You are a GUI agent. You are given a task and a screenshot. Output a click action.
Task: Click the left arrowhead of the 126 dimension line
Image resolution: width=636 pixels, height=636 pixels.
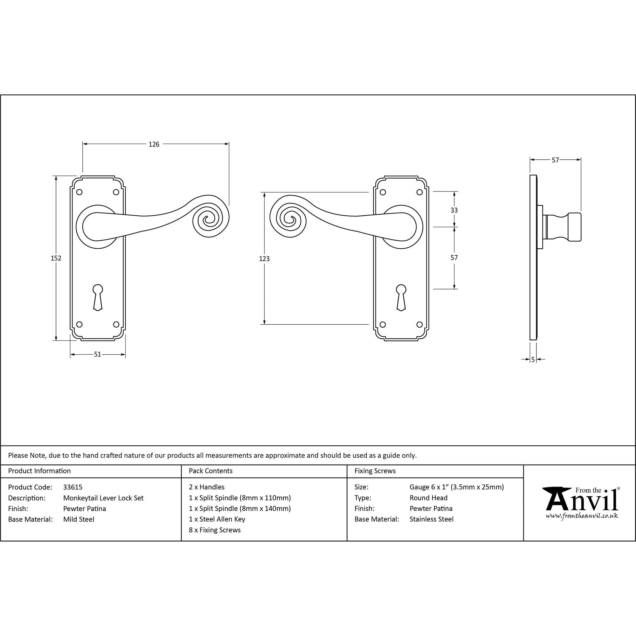pos(85,144)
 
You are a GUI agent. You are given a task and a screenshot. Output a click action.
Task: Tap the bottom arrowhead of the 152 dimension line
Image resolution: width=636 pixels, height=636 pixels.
pos(56,338)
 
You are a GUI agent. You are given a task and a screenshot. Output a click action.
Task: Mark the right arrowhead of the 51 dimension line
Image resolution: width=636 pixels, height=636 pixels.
pos(123,355)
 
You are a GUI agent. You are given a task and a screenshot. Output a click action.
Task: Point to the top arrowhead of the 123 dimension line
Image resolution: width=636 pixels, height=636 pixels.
pos(264,194)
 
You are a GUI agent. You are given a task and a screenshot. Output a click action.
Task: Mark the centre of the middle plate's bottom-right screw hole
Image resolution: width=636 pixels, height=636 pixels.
pos(419,325)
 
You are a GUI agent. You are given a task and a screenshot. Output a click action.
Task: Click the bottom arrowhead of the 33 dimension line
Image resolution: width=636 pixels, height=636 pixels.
pos(454,225)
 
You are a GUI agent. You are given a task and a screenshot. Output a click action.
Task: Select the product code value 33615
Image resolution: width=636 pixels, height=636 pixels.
pos(73,487)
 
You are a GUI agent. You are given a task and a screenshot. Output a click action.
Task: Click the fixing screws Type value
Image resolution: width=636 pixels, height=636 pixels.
pos(428,498)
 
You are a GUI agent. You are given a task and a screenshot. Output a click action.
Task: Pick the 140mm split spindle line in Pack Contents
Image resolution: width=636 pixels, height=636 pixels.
pos(240,508)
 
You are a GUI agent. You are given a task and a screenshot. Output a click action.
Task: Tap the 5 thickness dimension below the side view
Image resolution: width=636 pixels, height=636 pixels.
pos(533,360)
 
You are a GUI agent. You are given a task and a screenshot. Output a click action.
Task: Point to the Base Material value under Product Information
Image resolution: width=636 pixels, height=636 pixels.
pos(79,520)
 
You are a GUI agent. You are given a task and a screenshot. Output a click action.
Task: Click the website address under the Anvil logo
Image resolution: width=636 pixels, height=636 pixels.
pos(582,516)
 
